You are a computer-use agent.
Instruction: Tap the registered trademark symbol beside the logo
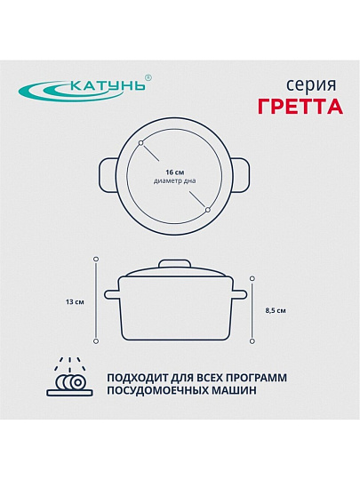(148, 78)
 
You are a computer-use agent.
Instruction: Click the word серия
(311, 85)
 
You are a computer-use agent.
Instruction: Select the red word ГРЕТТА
(300, 107)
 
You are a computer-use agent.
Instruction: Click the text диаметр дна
(174, 181)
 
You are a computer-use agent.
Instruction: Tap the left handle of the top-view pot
(108, 175)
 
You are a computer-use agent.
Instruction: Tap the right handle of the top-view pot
(241, 175)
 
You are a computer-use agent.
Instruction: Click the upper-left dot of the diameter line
(140, 143)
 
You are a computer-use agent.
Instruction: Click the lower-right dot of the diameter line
(208, 210)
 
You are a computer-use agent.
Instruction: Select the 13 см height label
(75, 302)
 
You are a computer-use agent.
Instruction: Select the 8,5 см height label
(276, 311)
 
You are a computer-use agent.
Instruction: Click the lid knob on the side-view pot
(174, 264)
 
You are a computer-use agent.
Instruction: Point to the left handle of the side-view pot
(111, 295)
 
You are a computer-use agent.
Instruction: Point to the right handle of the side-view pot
(239, 295)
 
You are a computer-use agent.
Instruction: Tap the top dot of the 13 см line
(95, 259)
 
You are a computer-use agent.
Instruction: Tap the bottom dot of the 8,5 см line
(252, 341)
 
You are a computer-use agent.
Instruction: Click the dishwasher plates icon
(70, 377)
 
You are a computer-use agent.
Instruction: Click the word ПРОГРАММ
(256, 378)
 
